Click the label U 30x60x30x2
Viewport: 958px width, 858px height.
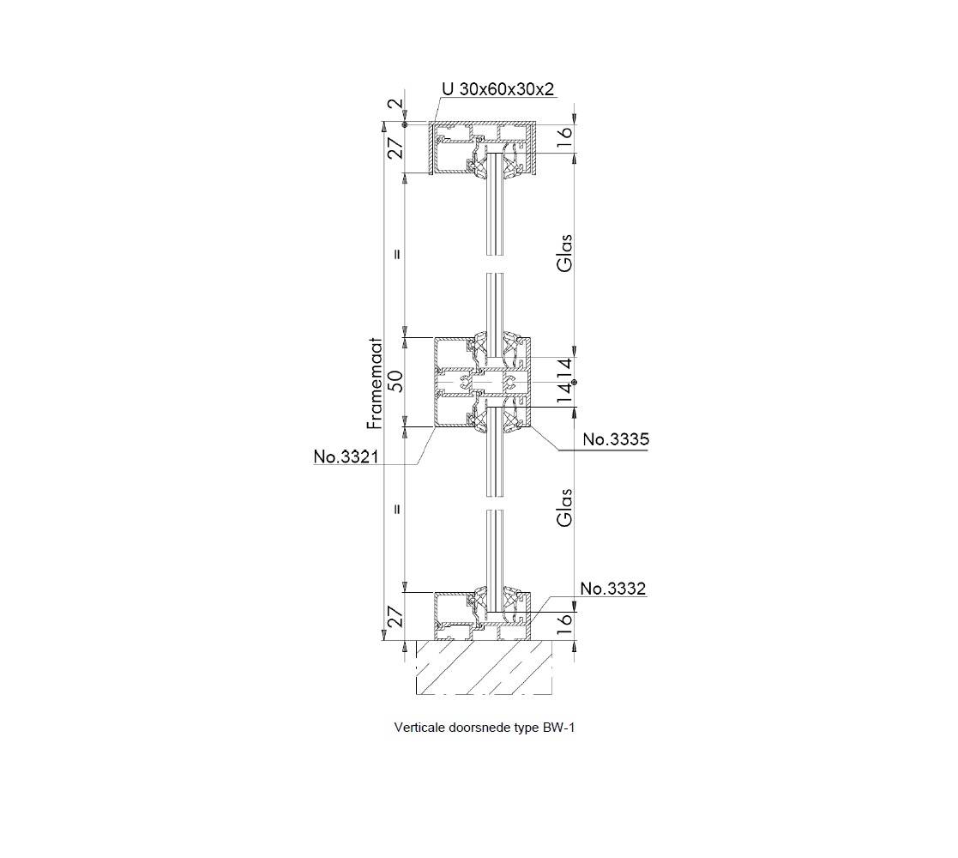(x=498, y=89)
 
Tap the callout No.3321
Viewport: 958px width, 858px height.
(x=346, y=456)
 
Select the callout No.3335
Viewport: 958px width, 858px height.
(x=616, y=439)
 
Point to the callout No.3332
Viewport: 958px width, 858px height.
(x=613, y=589)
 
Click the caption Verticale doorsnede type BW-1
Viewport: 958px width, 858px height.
(x=485, y=728)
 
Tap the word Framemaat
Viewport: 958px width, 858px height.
(x=375, y=384)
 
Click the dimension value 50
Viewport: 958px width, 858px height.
(x=396, y=381)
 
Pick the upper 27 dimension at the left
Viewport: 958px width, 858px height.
(x=396, y=148)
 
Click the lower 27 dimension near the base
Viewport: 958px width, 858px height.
(x=396, y=617)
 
